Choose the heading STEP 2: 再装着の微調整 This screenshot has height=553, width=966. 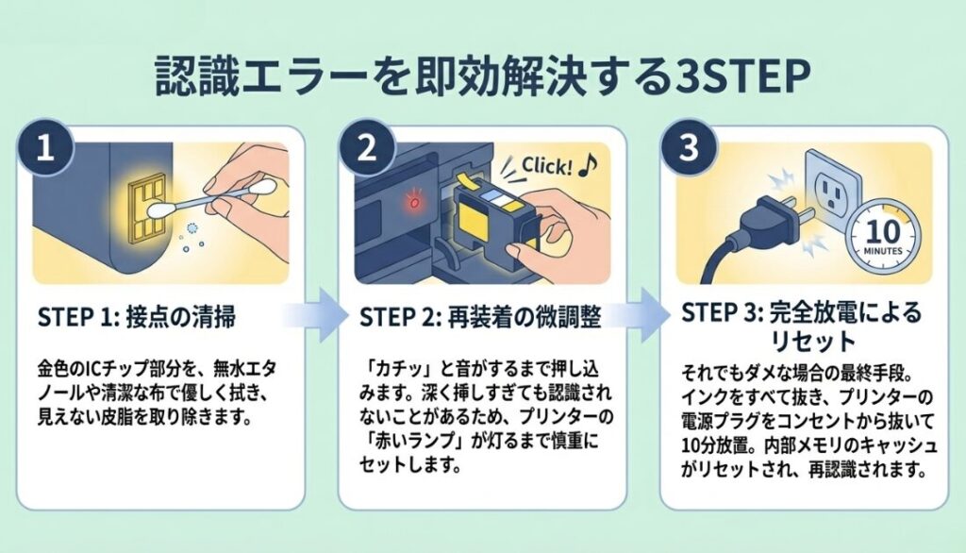pyautogui.click(x=480, y=317)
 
